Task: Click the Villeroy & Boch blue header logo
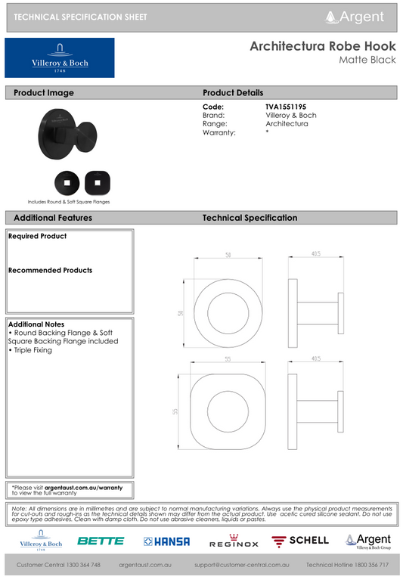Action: point(60,58)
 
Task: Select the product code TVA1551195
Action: point(286,107)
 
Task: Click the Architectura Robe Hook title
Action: point(323,46)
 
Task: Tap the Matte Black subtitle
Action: point(367,60)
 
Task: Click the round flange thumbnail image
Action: point(67,182)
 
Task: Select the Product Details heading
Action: point(233,93)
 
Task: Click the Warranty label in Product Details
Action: point(219,132)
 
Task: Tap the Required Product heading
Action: point(38,237)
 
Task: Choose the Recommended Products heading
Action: point(50,271)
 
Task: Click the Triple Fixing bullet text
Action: point(33,350)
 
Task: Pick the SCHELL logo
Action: point(301,541)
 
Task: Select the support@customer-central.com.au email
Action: point(241,565)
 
